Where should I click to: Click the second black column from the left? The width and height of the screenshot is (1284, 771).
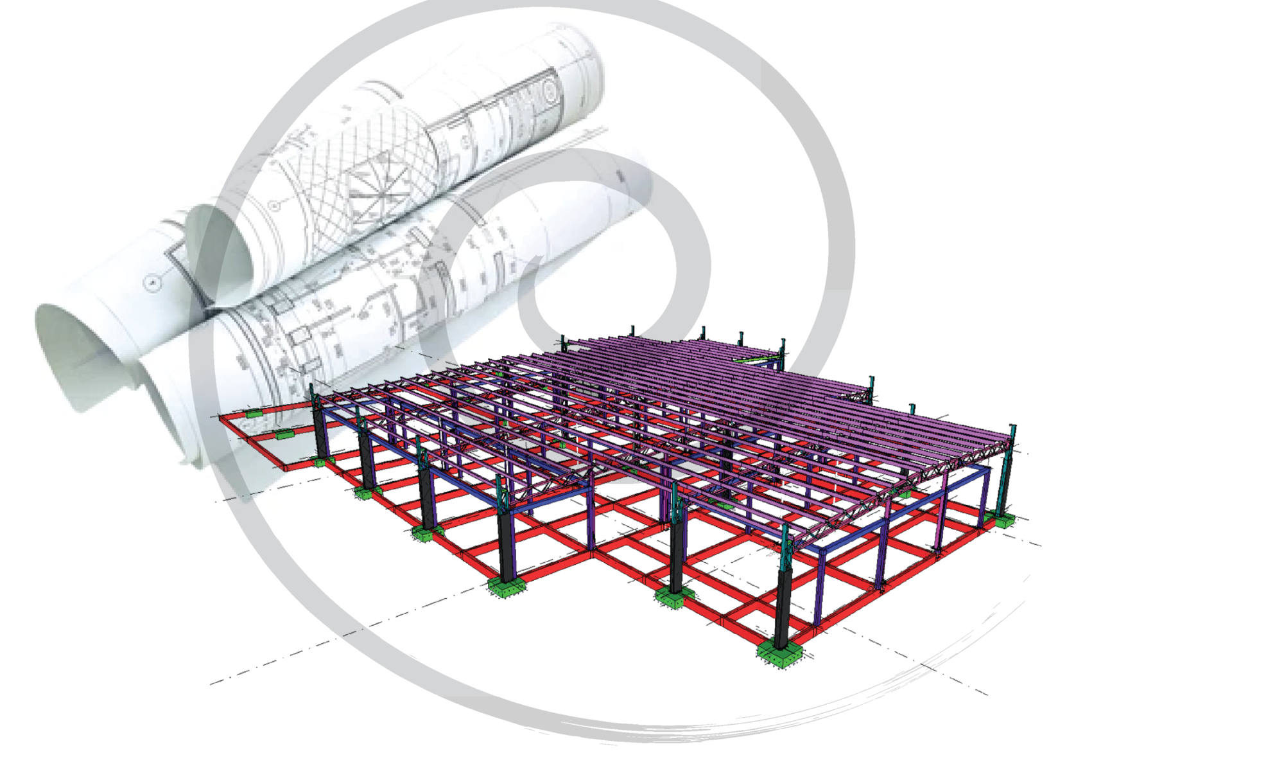pos(367,463)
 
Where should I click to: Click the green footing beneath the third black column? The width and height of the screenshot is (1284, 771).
pos(424,534)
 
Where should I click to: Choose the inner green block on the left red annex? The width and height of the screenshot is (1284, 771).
pos(283,435)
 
